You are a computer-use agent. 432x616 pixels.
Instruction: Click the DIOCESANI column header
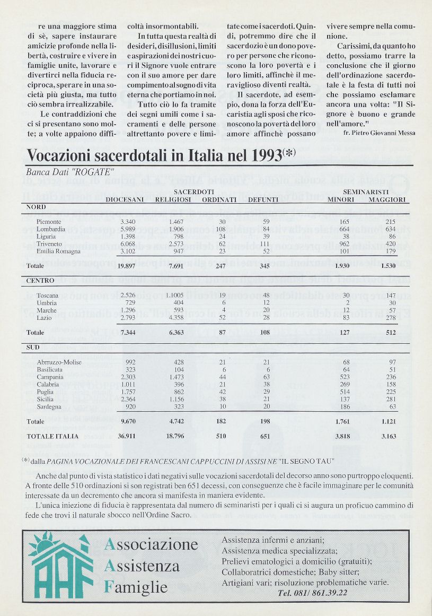tap(125, 199)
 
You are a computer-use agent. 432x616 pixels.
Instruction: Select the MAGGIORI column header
tap(387, 199)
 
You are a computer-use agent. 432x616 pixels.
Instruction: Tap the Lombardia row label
tap(51, 228)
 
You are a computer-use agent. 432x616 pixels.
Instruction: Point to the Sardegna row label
tap(49, 406)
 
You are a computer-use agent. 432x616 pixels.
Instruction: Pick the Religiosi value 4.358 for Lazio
tap(173, 317)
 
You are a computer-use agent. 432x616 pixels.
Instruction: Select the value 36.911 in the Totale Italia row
tap(129, 436)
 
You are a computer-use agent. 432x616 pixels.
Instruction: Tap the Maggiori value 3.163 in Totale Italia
tap(392, 436)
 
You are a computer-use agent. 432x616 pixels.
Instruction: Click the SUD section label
tap(33, 348)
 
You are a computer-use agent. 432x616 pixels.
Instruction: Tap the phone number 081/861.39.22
tap(313, 592)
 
